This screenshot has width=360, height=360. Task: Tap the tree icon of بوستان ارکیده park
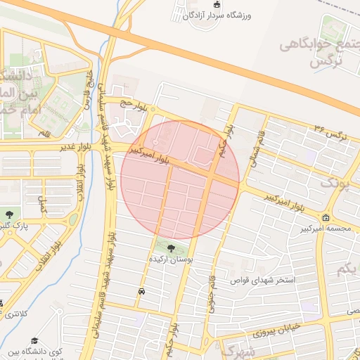(172, 247)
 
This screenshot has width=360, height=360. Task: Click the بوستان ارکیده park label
(169, 259)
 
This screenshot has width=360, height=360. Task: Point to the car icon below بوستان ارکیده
(142, 290)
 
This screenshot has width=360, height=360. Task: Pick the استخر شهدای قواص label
(267, 280)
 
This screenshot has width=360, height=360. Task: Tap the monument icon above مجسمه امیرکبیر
(325, 217)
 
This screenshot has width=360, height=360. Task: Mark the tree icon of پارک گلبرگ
(9, 214)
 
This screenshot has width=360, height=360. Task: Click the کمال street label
(43, 205)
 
